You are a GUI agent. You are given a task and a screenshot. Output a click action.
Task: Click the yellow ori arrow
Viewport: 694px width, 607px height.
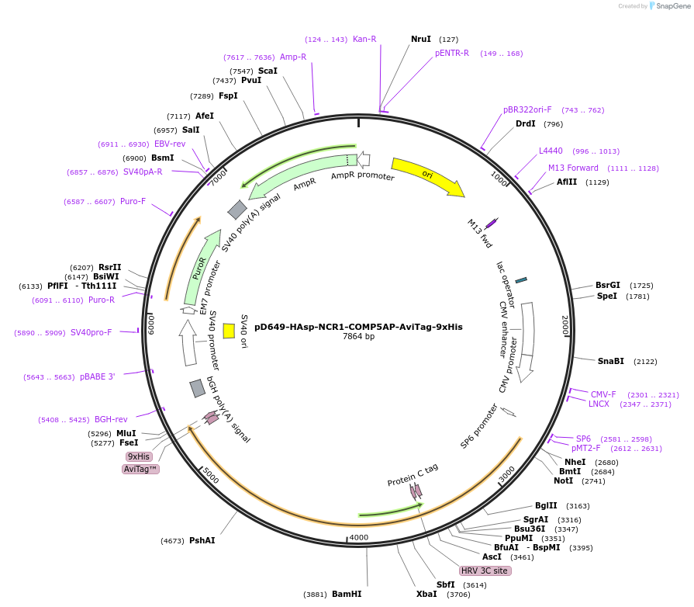[x=426, y=175]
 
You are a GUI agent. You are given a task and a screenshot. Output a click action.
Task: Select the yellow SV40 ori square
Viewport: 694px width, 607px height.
[x=229, y=331]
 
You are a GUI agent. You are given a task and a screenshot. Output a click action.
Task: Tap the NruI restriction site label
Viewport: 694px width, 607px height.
[x=421, y=39]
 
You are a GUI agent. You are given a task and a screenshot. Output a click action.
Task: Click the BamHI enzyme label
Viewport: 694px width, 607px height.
[x=347, y=594]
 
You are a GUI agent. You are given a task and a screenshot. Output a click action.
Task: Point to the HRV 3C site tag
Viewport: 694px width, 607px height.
[x=485, y=571]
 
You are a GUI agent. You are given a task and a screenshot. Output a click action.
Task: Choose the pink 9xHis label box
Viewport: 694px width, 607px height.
[x=139, y=456]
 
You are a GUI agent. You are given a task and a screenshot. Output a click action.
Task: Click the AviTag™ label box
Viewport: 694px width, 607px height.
[x=140, y=469]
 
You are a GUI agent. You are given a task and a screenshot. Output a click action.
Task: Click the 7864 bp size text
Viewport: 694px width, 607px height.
[x=358, y=337]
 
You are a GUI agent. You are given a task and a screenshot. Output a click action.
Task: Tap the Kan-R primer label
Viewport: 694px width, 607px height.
[x=364, y=39]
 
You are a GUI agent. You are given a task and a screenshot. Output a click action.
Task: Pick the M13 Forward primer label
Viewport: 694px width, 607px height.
[x=573, y=168]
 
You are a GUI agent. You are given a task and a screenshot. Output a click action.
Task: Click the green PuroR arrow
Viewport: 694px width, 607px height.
[x=195, y=268]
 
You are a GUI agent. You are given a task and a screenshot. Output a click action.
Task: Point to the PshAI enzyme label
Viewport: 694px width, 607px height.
[x=202, y=540]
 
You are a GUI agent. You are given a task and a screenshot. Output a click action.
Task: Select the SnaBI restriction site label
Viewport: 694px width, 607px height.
[x=610, y=361]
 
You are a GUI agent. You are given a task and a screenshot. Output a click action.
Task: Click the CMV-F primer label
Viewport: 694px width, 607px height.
[x=603, y=394]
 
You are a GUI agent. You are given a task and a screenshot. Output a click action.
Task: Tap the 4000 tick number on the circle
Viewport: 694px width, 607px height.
[x=359, y=537]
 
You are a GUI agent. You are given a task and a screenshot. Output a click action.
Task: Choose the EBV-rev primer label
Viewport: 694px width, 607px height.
[x=170, y=144]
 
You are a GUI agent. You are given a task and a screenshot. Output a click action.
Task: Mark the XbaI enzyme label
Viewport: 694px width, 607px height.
[x=426, y=594]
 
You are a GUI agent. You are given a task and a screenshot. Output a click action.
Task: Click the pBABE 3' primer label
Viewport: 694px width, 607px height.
[x=97, y=377]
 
